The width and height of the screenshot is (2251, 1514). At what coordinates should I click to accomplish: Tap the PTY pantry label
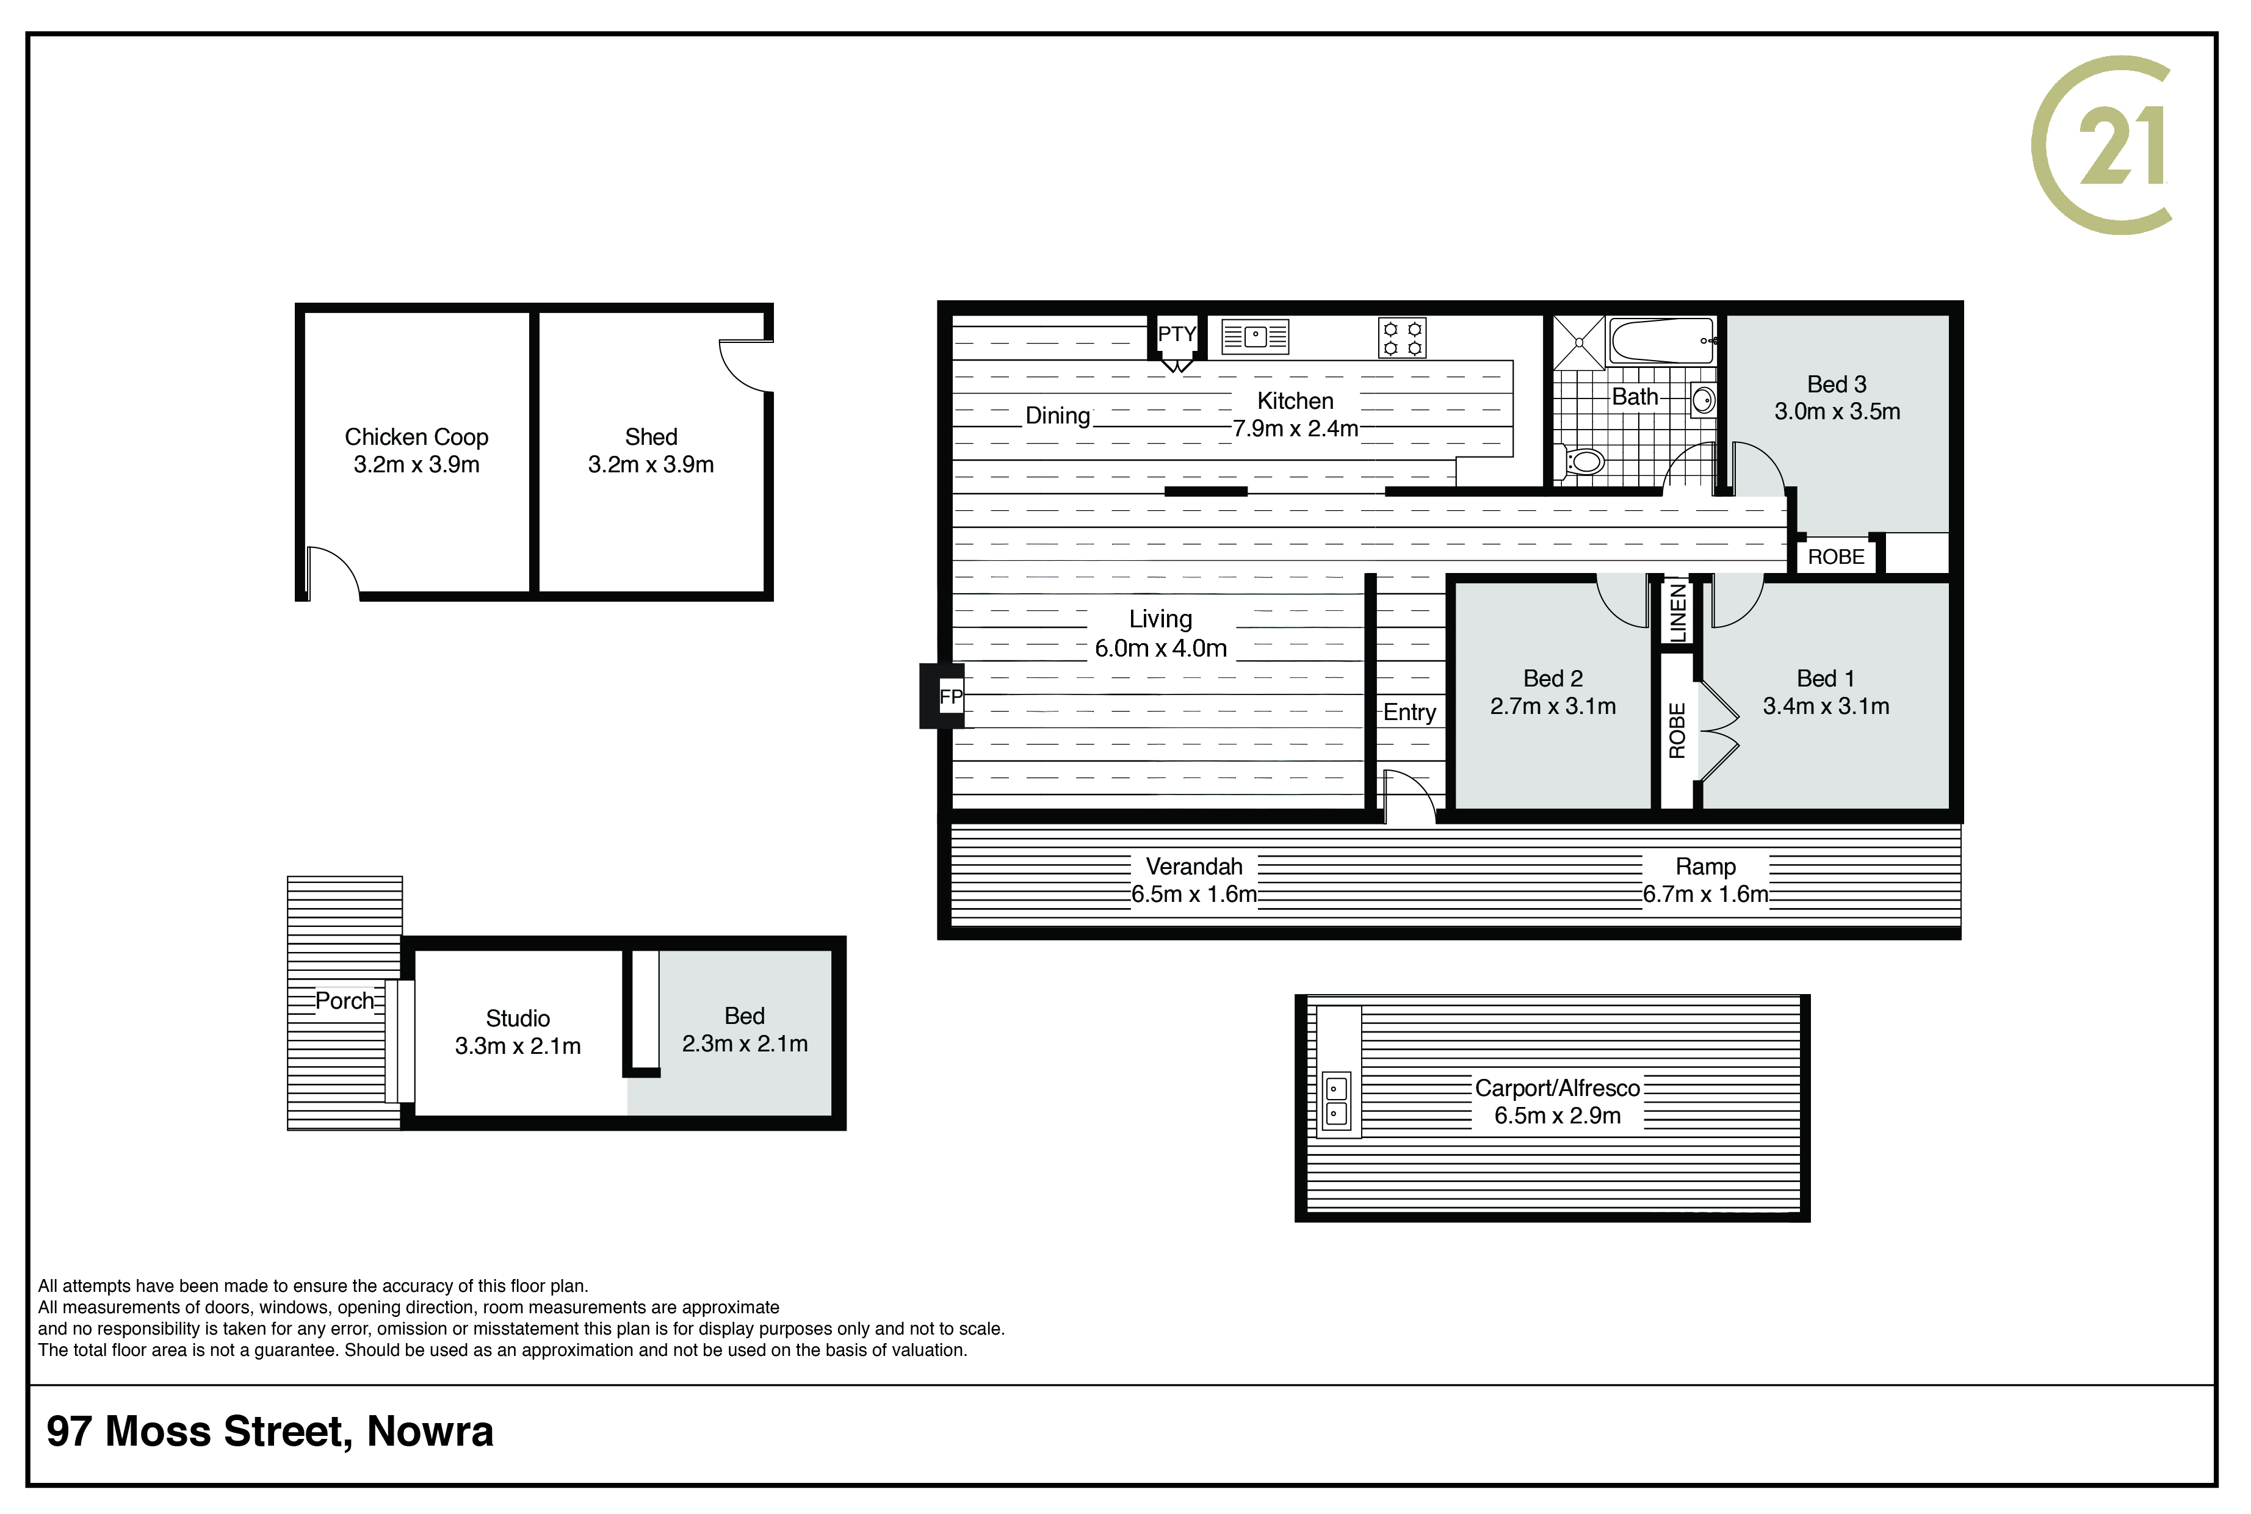coord(1176,334)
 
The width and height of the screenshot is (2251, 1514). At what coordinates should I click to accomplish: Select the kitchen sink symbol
coord(1254,337)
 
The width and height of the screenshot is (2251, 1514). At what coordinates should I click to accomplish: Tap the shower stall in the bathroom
coord(1578,342)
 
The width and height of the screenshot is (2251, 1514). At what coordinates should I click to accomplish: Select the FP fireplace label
coord(951,696)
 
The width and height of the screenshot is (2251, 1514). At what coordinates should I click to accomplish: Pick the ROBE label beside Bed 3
coord(1836,557)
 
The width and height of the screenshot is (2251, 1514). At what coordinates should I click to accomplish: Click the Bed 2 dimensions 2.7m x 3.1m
coord(1553,707)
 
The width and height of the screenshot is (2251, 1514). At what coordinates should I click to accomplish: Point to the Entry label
coord(1410,713)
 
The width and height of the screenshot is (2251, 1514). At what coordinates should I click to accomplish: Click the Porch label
coord(345,1001)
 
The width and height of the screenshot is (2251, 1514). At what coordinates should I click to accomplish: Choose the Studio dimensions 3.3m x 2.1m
coord(518,1046)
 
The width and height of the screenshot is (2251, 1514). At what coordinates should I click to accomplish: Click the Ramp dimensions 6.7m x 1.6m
coord(1705,894)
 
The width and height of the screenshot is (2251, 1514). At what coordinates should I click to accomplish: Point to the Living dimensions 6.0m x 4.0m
coord(1161,649)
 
